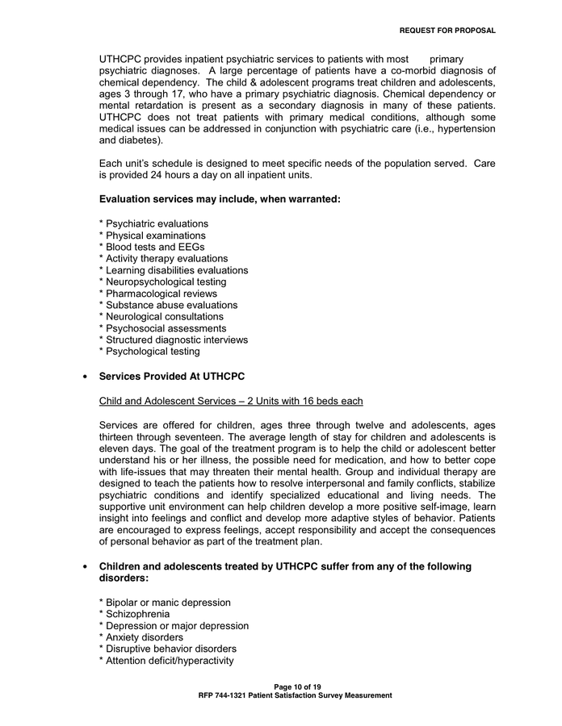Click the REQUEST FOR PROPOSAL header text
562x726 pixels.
tap(447, 31)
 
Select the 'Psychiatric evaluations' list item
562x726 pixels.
tap(153, 223)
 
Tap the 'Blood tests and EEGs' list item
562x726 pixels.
tap(152, 247)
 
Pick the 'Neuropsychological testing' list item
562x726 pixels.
tap(162, 282)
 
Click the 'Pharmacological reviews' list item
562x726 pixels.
tap(157, 294)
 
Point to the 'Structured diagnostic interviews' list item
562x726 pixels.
tap(174, 340)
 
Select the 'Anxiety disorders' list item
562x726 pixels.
tap(141, 637)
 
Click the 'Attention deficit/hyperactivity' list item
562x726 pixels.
tap(166, 661)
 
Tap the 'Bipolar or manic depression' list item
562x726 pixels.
tap(165, 603)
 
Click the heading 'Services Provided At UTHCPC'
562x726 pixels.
tap(171, 377)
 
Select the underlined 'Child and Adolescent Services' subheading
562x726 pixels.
tap(231, 401)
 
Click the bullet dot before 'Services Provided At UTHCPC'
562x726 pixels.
tap(85, 378)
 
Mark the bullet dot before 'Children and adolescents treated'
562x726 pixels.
tap(85, 567)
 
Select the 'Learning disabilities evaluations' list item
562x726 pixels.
tap(174, 270)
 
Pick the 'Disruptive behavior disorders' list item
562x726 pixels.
tap(167, 649)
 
